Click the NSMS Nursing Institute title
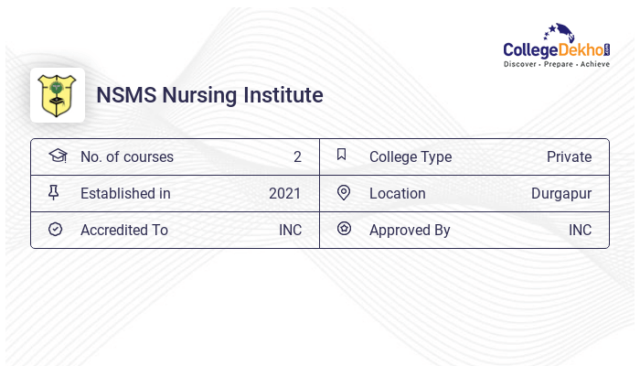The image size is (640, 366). point(209,95)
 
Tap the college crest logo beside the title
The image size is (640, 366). point(58,95)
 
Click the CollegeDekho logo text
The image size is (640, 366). point(556,48)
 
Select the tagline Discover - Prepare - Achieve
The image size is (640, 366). point(556,65)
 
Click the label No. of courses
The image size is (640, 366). point(126,156)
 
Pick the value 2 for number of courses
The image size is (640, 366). point(297,156)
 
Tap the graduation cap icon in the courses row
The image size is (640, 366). point(57,156)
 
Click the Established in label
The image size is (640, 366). point(125,193)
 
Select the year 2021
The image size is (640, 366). point(284,193)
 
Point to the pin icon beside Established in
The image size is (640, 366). point(54,192)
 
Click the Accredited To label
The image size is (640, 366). point(124,230)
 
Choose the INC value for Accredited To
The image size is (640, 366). point(290,230)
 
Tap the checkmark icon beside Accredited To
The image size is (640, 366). point(55,229)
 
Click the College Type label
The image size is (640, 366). point(411,156)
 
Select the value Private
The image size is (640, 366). point(569,156)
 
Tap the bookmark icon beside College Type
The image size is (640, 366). point(342,155)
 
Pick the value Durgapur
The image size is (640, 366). point(561,193)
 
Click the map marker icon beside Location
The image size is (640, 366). point(343,192)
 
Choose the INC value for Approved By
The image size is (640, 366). point(580,230)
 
